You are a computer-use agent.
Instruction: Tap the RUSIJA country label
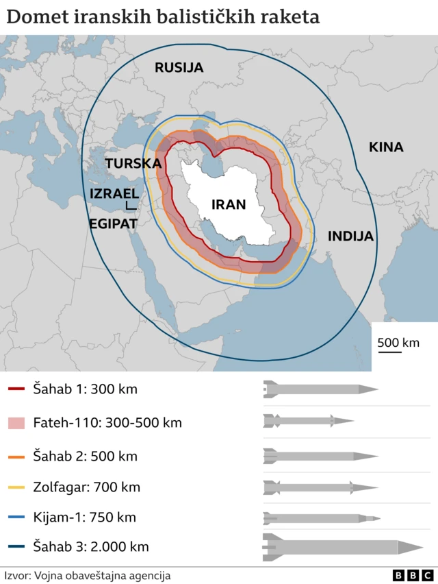point(179,67)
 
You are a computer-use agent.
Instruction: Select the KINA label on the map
point(386,147)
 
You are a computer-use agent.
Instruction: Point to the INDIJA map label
point(350,236)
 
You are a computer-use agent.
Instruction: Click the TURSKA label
point(133,164)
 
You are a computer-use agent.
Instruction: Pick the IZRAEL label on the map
point(114,194)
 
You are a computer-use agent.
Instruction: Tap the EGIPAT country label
point(112,223)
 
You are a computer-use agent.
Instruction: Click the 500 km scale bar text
point(398,343)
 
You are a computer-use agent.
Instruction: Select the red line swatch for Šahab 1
point(16,389)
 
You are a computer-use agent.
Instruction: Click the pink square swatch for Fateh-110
point(16,423)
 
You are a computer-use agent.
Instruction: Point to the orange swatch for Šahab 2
point(16,456)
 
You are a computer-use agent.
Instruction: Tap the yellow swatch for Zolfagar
point(16,488)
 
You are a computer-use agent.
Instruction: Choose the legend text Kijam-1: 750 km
point(84,518)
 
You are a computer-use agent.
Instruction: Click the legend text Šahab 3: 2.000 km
point(90,547)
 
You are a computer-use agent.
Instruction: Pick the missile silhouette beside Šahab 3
point(342,547)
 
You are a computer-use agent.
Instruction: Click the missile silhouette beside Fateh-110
point(308,421)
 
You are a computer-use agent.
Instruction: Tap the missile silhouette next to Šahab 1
point(320,389)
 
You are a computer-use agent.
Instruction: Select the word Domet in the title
point(35,17)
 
